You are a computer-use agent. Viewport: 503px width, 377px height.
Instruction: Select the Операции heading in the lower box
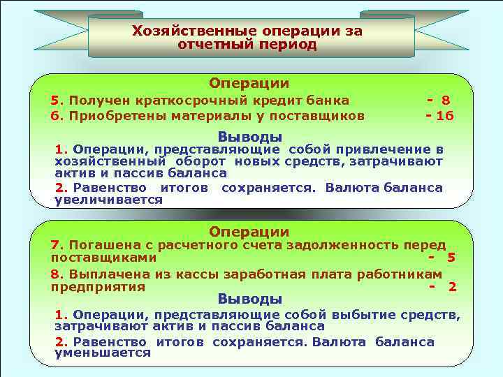coord(250,231)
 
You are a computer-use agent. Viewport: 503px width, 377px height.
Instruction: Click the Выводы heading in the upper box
coord(250,135)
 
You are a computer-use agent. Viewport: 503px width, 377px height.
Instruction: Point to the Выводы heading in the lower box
coord(250,299)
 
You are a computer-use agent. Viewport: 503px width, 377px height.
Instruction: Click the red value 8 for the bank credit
coord(445,101)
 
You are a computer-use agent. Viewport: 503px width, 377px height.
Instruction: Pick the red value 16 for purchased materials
coord(445,116)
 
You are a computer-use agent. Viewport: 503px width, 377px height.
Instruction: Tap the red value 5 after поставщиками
coord(451,258)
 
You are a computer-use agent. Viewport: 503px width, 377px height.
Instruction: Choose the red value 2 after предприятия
coord(452,287)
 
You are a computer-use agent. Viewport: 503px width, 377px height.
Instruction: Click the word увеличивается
coord(108,200)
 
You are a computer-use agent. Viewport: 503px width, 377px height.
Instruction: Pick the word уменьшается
coord(103,353)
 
